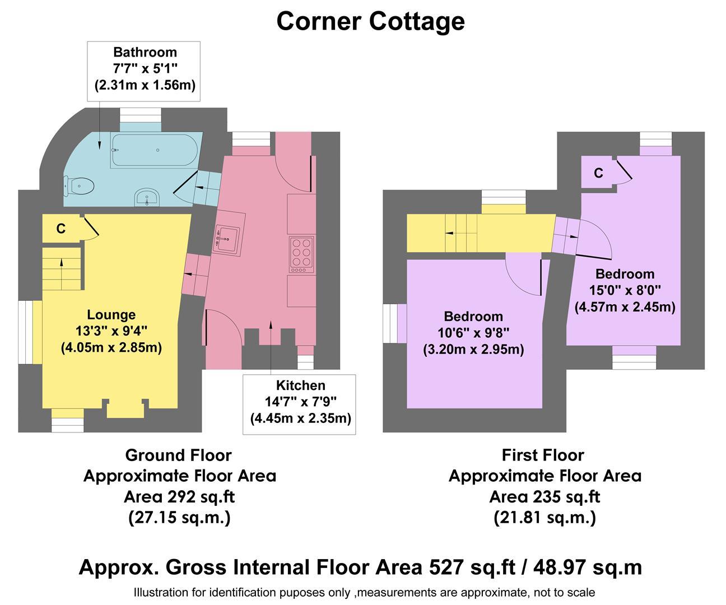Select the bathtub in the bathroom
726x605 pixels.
[154, 150]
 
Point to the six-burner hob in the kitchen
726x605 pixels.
[301, 255]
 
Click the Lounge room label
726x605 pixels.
[111, 315]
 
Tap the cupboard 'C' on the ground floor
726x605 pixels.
[61, 229]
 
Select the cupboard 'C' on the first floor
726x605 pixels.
[598, 173]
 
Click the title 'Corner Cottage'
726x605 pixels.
[370, 21]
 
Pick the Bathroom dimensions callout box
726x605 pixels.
[145, 71]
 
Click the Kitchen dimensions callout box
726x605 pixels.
[300, 404]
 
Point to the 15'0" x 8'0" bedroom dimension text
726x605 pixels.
[625, 290]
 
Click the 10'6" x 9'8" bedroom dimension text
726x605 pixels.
[473, 333]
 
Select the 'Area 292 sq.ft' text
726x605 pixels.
[179, 496]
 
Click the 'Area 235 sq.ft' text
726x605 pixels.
[544, 496]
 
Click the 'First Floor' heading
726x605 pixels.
[543, 455]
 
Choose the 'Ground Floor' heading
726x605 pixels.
[178, 455]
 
